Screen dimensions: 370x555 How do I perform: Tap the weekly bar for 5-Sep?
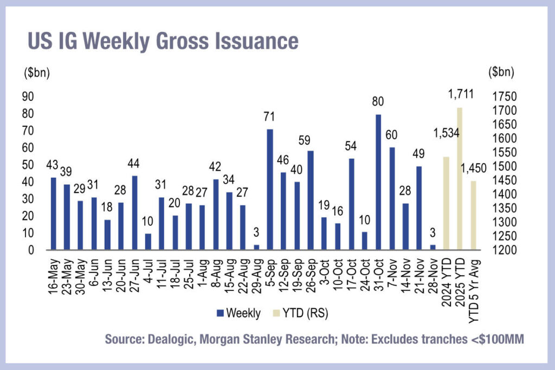[x=269, y=189]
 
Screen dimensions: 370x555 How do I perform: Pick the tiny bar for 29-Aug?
[x=256, y=246]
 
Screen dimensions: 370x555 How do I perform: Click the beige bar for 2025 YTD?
[x=460, y=178]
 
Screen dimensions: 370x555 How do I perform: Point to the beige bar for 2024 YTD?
[x=446, y=203]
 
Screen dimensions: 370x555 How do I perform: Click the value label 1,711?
[x=460, y=94]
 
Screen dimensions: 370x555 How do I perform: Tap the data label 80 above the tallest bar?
[x=378, y=101]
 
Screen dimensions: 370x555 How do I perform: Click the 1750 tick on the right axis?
[x=502, y=96]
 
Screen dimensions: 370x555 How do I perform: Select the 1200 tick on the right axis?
[x=502, y=250]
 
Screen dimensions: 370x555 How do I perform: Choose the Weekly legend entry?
[x=238, y=313]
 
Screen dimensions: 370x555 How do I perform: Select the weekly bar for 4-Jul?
[x=148, y=242]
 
